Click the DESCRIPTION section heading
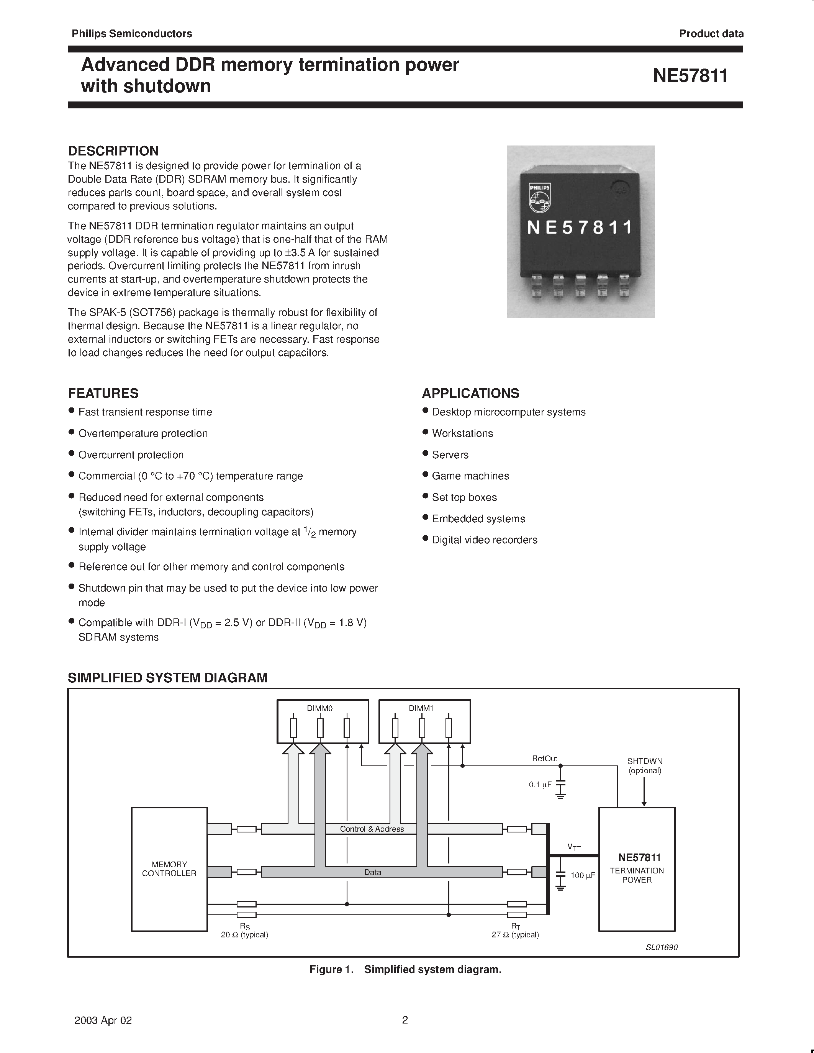click(113, 150)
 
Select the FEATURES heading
click(103, 393)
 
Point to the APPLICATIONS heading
click(471, 393)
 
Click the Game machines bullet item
click(470, 476)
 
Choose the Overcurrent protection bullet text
click(131, 455)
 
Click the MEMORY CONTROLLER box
click(169, 869)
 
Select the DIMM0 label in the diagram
click(320, 708)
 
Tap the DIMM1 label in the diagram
click(421, 708)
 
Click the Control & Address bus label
click(372, 829)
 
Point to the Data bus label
click(372, 872)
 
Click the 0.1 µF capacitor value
click(540, 785)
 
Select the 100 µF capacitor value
click(583, 875)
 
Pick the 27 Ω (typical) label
click(515, 934)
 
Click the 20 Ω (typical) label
click(244, 934)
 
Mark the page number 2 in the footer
click(405, 1020)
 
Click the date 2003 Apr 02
click(103, 1020)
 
